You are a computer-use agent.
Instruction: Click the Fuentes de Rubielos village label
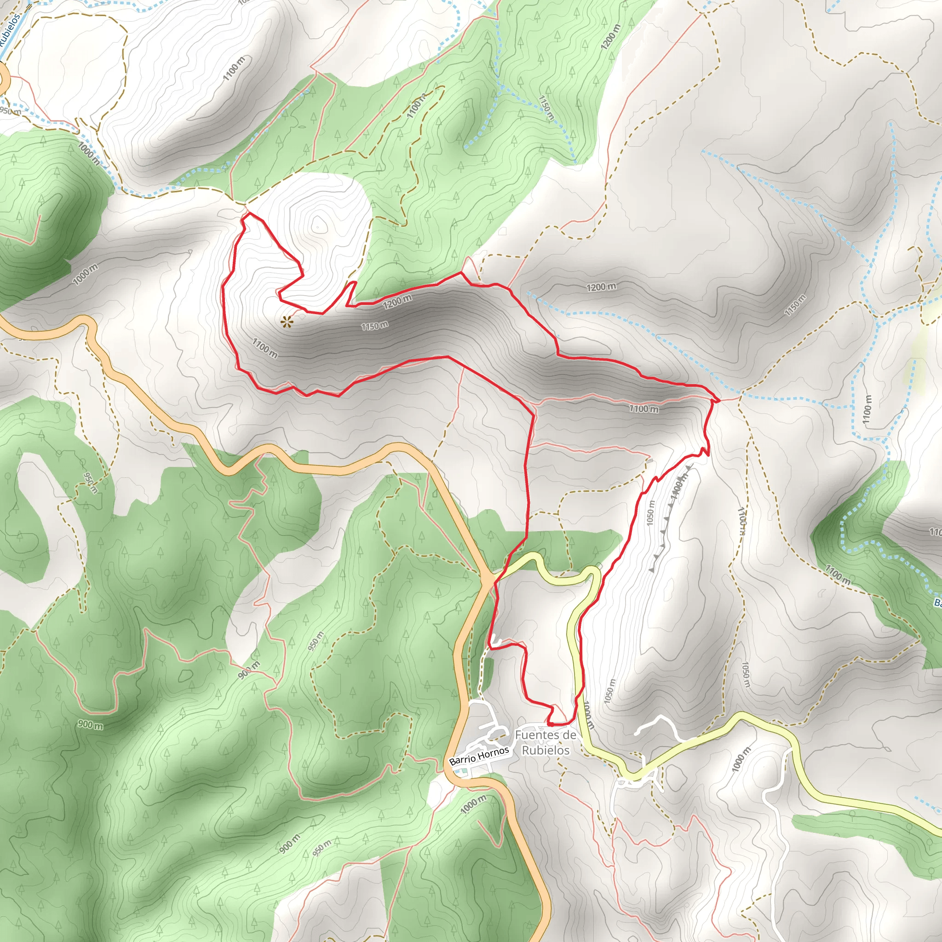click(x=545, y=742)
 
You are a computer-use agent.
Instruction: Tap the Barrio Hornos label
click(x=479, y=756)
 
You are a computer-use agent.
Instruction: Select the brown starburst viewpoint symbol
click(x=287, y=321)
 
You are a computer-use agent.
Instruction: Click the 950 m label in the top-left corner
click(x=10, y=111)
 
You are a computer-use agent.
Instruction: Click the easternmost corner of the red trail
click(x=719, y=400)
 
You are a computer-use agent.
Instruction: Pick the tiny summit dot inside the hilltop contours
click(x=318, y=226)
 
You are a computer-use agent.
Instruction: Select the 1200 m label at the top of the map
click(x=610, y=37)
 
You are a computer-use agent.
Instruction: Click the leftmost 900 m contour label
click(x=91, y=725)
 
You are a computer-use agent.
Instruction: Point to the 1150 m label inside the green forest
click(x=546, y=108)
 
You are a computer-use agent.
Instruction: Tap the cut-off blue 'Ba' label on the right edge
click(x=937, y=603)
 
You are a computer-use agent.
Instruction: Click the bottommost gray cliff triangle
click(x=652, y=569)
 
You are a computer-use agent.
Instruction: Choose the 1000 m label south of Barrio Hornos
click(x=473, y=804)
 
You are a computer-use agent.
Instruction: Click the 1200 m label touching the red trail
click(x=397, y=302)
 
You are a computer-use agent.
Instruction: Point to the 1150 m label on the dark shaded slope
click(x=374, y=326)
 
